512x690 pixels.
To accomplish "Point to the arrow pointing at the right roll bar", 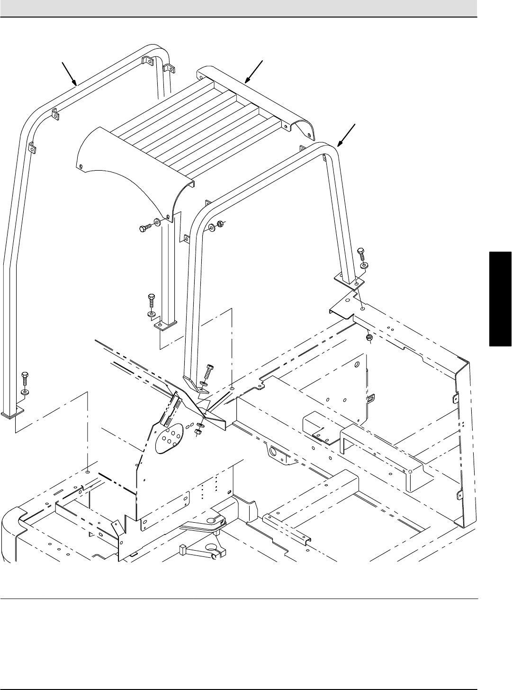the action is point(347,134).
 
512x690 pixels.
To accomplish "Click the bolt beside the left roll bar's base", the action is point(25,379).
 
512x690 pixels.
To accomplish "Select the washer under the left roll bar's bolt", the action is point(25,392).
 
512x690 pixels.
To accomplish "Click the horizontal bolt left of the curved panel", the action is point(144,228).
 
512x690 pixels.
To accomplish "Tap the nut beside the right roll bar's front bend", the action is point(219,224).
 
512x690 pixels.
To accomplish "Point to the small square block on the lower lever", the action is point(182,550).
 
